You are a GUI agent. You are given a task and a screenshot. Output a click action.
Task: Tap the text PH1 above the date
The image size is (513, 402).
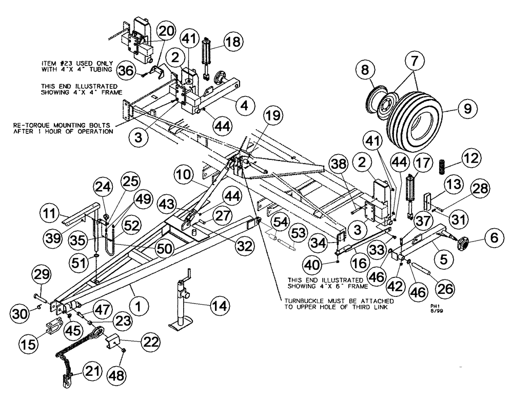(x=435, y=304)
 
